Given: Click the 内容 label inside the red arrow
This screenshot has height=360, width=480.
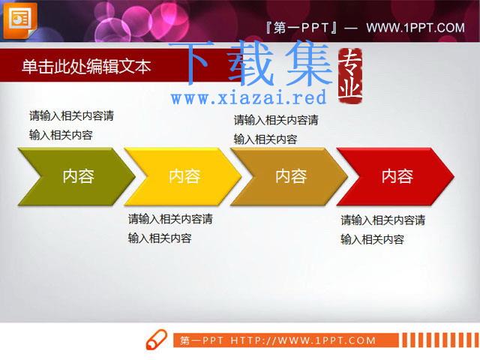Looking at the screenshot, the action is [397, 176].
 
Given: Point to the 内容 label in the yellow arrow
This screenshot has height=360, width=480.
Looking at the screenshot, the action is [184, 176].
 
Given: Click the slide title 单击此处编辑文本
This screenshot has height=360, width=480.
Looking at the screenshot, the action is [87, 67].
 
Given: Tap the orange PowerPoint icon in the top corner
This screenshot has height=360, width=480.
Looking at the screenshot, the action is [20, 21].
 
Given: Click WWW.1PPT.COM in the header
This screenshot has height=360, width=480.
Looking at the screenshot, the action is [415, 28].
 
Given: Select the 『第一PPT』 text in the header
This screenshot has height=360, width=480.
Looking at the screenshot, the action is [301, 28].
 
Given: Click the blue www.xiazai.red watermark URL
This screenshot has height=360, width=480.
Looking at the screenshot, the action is [248, 97].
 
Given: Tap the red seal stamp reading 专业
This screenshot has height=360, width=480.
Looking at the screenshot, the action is [350, 76].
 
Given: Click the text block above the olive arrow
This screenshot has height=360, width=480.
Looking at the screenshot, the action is [72, 125].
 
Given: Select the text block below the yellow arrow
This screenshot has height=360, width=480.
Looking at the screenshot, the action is [170, 228].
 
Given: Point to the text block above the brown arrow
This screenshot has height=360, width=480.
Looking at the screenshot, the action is [276, 130].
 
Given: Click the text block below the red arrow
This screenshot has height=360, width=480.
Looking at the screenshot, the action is [383, 229].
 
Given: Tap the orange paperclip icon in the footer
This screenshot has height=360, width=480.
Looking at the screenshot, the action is [157, 340].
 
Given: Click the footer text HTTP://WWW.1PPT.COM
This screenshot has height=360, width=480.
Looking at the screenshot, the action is [303, 340].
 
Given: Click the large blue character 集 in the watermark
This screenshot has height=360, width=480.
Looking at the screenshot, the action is [309, 63].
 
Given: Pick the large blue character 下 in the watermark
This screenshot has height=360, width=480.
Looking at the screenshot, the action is [193, 63].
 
